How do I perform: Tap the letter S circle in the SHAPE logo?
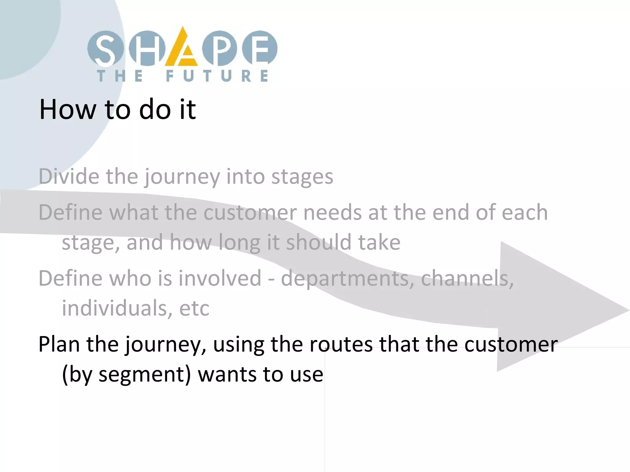coord(105,49)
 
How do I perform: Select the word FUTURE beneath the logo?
coord(217,76)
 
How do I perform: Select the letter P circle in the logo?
coord(219,49)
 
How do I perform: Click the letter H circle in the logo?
coord(147,49)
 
